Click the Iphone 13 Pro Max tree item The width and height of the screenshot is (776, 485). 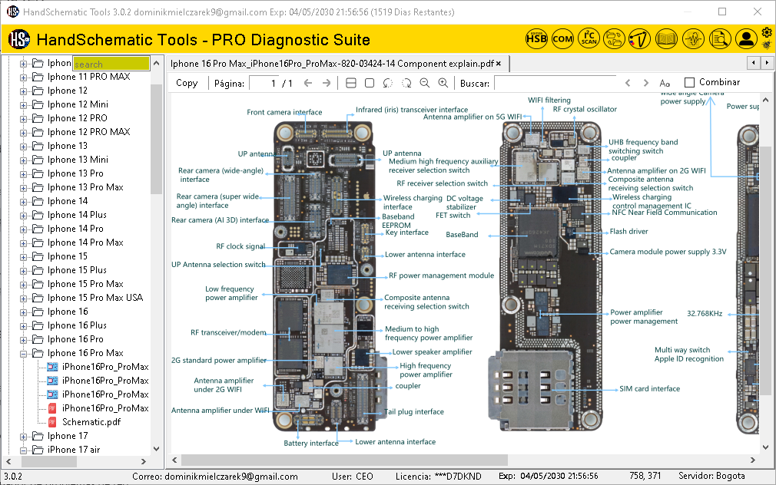point(85,187)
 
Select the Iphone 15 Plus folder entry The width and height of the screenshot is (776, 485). point(77,270)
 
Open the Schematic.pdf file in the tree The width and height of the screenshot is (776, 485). point(91,422)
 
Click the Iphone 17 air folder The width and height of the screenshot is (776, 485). point(74,450)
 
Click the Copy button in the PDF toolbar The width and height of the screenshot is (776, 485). point(187,83)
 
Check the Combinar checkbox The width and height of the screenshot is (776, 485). point(689,82)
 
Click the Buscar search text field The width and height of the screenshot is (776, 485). point(553,83)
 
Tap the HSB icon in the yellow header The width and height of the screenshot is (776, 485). point(537,39)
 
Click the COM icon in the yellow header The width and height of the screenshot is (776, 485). point(562,39)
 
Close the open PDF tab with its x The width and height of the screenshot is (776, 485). point(499,64)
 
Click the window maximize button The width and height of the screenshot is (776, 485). point(722,12)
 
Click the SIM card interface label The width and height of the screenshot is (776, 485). point(649,389)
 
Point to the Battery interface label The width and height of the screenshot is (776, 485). point(310,444)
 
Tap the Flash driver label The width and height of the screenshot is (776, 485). point(628,232)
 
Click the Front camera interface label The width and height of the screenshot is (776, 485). point(284,113)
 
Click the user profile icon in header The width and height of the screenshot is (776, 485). point(745,39)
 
